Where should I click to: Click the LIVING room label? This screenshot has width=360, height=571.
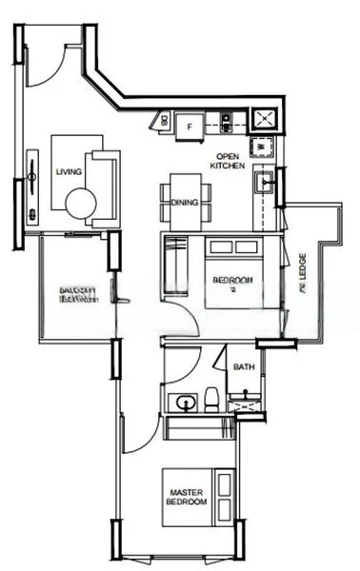(x=69, y=172)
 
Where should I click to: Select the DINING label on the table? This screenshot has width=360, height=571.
(x=184, y=202)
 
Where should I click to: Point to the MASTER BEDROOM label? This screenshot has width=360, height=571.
(x=187, y=494)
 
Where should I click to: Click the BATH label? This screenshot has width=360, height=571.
(x=243, y=366)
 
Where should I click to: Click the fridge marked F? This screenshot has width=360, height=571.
(x=190, y=124)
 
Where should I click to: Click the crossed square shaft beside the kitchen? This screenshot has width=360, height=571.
(x=261, y=119)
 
